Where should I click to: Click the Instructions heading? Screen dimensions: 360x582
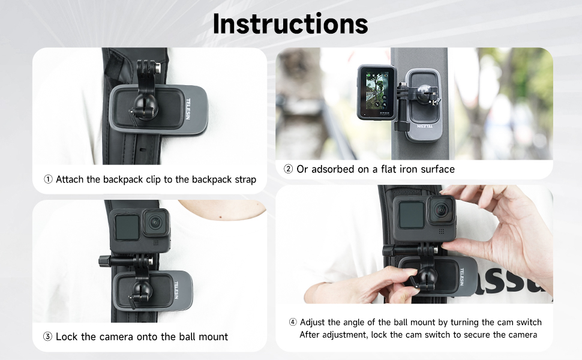pos(290,23)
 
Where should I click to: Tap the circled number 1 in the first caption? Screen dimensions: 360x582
pos(48,179)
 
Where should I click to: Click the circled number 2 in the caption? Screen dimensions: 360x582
pos(288,169)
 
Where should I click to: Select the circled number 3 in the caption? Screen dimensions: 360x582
pos(48,337)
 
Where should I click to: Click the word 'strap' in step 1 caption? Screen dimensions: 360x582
pos(244,179)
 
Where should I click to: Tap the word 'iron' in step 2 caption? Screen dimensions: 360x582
pos(401,169)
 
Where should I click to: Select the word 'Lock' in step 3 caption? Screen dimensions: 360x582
pos(67,337)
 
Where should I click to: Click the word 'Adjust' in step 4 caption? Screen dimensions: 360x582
pos(314,323)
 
